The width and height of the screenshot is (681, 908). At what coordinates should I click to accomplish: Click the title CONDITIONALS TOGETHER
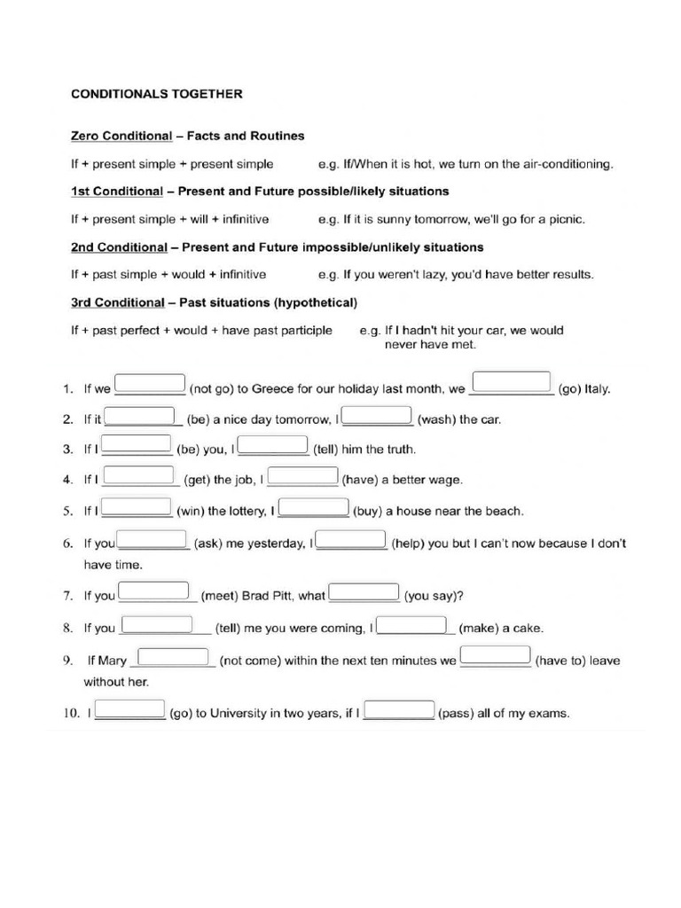pyautogui.click(x=156, y=93)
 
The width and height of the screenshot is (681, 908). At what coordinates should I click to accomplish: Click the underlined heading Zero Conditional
pyautogui.click(x=121, y=137)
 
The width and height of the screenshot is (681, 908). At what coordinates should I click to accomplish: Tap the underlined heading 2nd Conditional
pyautogui.click(x=119, y=247)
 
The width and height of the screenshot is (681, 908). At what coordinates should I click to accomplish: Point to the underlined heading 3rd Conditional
pyautogui.click(x=118, y=302)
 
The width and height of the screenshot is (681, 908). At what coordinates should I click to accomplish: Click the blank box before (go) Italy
pyautogui.click(x=512, y=382)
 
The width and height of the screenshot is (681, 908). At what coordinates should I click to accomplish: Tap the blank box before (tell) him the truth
pyautogui.click(x=274, y=445)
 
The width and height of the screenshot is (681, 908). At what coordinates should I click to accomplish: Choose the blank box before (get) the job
pyautogui.click(x=139, y=475)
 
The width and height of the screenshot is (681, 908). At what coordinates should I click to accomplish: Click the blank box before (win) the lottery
pyautogui.click(x=137, y=505)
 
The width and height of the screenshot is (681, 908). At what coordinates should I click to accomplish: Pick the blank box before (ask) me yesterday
pyautogui.click(x=152, y=539)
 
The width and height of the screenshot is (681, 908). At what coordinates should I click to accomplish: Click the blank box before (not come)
pyautogui.click(x=174, y=656)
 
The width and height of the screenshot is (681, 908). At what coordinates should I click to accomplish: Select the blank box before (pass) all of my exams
pyautogui.click(x=399, y=709)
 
